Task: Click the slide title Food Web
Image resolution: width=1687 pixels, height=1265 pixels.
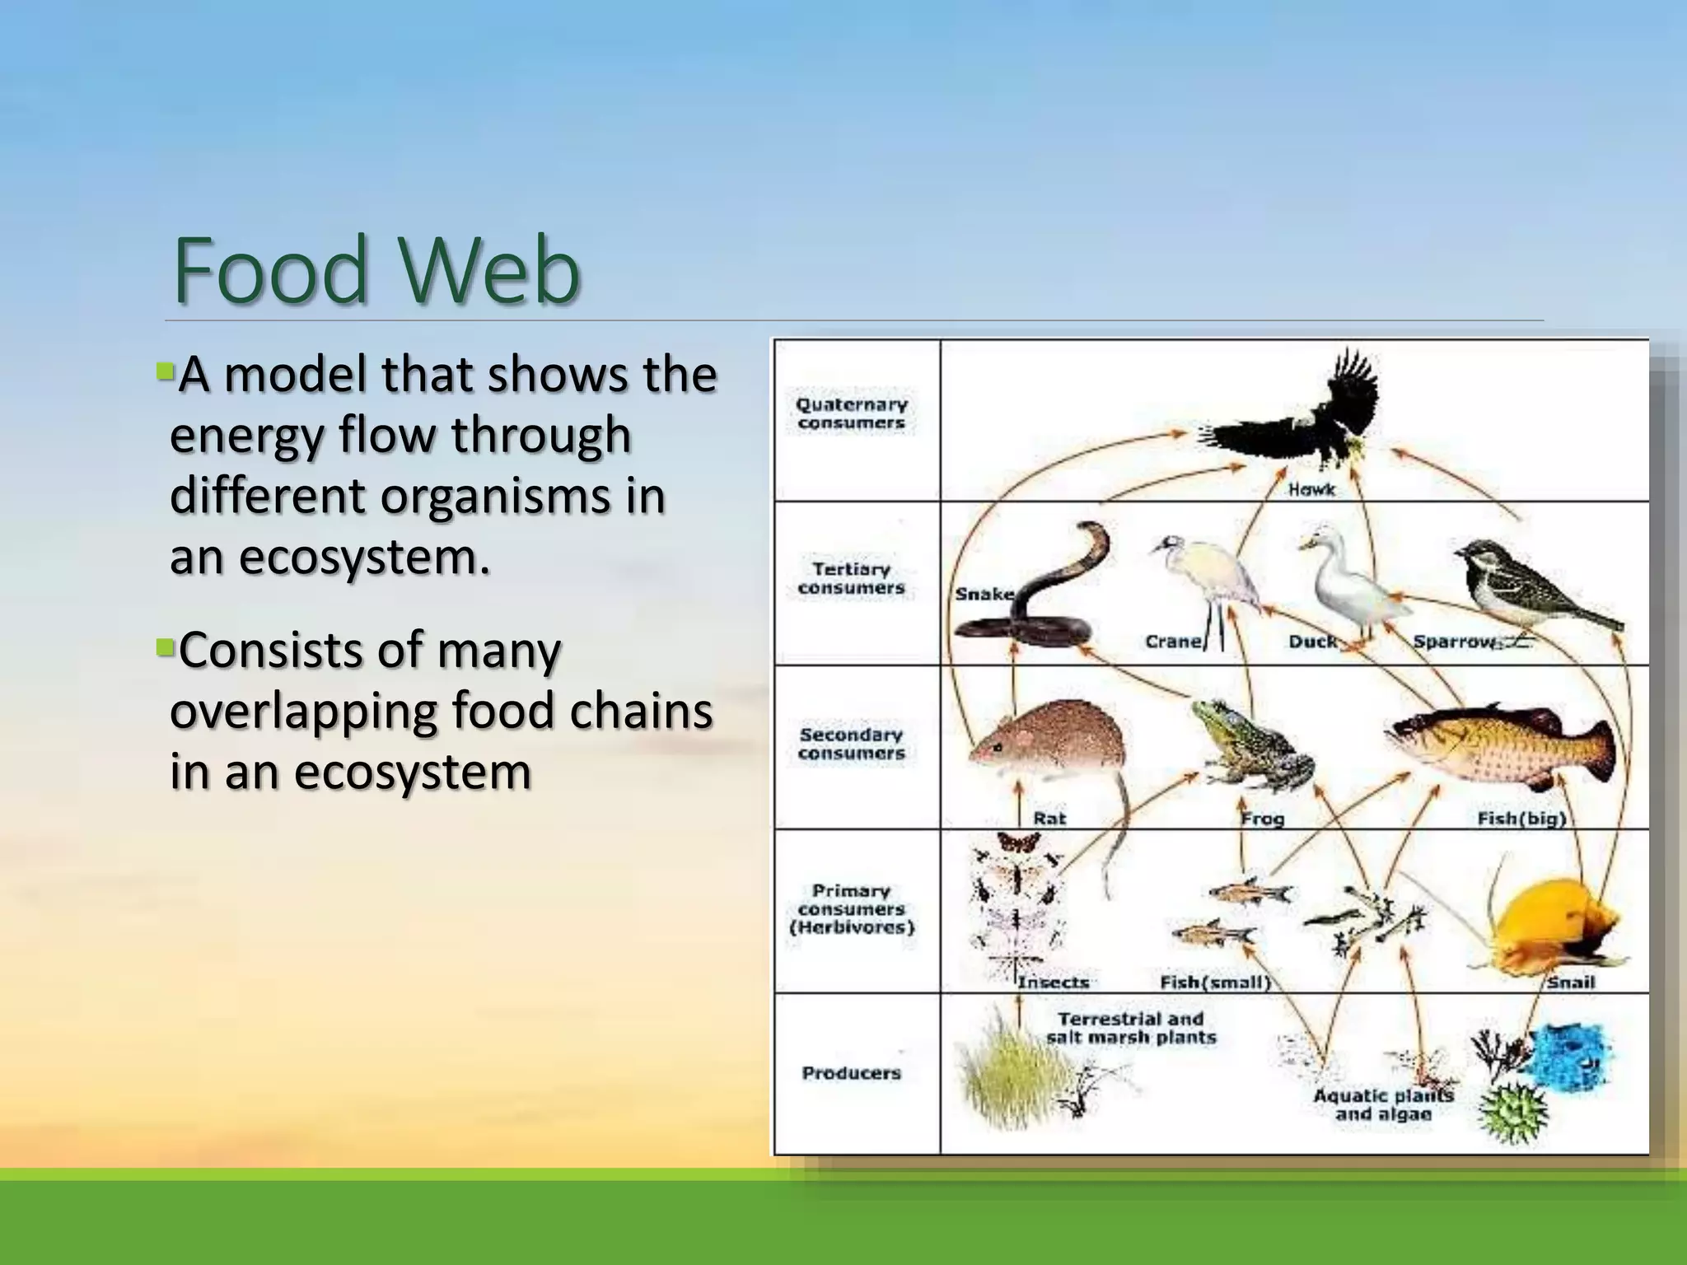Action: coord(376,270)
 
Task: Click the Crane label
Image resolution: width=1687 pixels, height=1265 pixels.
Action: coord(1173,641)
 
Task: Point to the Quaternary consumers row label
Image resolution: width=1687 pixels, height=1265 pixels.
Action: coord(851,413)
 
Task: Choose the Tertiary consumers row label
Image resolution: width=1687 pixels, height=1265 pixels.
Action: coord(851,578)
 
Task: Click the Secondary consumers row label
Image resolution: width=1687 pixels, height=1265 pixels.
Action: coord(851,744)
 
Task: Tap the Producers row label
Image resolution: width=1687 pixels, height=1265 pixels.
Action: coord(851,1073)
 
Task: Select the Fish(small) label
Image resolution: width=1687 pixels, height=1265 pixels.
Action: coord(1215,983)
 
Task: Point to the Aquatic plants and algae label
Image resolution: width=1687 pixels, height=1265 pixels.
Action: coord(1384,1105)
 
